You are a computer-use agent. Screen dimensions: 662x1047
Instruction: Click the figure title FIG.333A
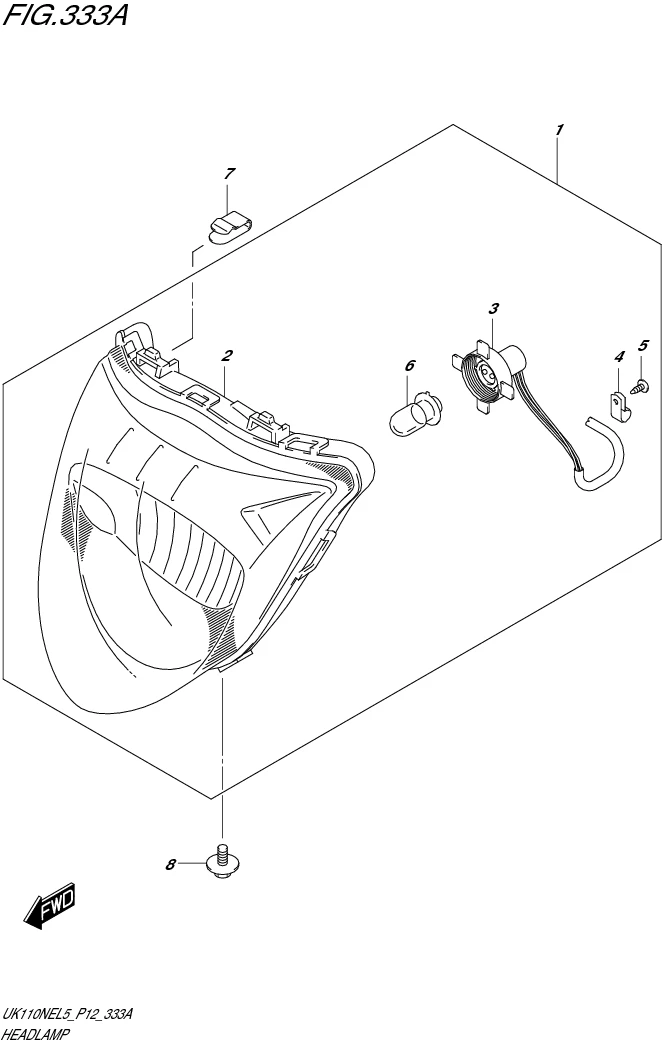tap(64, 14)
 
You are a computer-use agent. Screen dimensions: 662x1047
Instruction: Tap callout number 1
tap(559, 130)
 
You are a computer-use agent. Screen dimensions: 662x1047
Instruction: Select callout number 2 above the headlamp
tap(227, 355)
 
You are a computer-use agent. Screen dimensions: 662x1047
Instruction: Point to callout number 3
tap(493, 308)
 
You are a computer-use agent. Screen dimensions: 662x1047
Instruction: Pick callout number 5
tap(409, 365)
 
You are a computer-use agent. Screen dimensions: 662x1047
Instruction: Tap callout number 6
tap(229, 174)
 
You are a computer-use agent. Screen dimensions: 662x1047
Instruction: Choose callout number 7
tap(170, 865)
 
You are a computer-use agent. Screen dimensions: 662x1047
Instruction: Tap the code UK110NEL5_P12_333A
tap(67, 1016)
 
